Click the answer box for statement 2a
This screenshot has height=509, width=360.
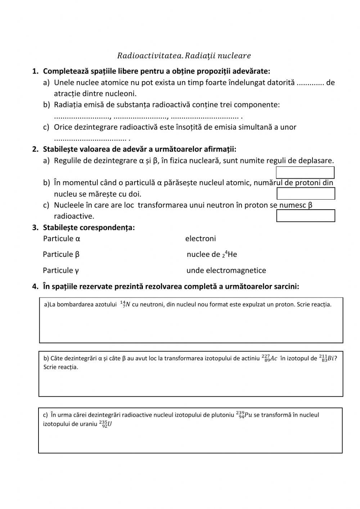[x=305, y=172]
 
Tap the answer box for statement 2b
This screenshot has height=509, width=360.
[x=306, y=193]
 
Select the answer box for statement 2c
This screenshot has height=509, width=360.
[x=306, y=216]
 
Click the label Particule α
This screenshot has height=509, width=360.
[x=62, y=238]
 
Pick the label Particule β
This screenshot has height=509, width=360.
[x=61, y=254]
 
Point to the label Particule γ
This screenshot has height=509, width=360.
[x=61, y=270]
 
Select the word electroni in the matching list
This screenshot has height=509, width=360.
[x=201, y=238]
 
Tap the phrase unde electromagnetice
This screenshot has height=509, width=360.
[x=226, y=270]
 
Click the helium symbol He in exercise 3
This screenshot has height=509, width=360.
[x=232, y=254]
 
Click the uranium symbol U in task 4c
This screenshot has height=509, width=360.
[x=109, y=424]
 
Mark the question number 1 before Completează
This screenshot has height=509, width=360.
[x=35, y=71]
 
